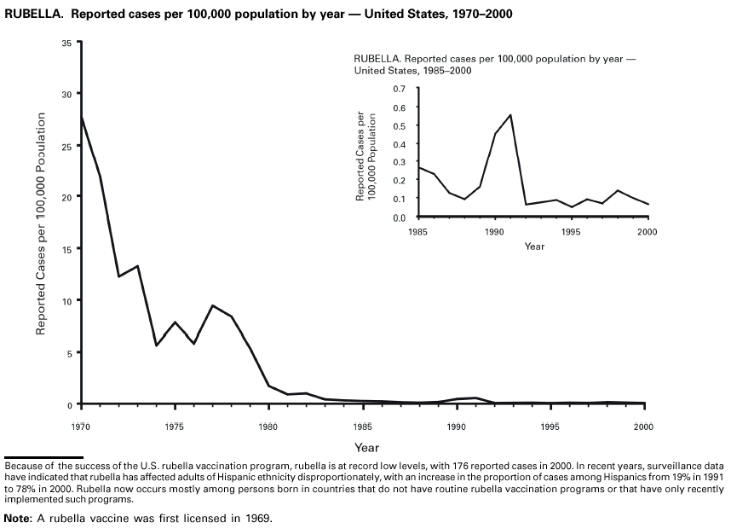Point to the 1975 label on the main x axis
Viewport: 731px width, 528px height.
[x=175, y=426]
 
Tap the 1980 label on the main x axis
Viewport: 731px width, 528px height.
[x=268, y=426]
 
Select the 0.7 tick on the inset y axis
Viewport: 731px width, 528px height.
[x=400, y=89]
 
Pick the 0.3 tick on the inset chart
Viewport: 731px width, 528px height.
[x=400, y=162]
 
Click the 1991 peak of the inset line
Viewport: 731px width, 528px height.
[x=510, y=114]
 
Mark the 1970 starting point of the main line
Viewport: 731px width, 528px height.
[x=81, y=118]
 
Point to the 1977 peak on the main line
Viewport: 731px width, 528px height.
[x=212, y=305]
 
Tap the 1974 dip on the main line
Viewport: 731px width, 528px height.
[x=156, y=345]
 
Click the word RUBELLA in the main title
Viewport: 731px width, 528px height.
[x=33, y=15]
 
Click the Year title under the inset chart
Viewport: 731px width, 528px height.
[x=534, y=247]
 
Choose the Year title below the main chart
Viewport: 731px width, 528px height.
[x=366, y=447]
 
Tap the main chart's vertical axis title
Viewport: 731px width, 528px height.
[x=40, y=222]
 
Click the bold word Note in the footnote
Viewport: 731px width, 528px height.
[x=17, y=518]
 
